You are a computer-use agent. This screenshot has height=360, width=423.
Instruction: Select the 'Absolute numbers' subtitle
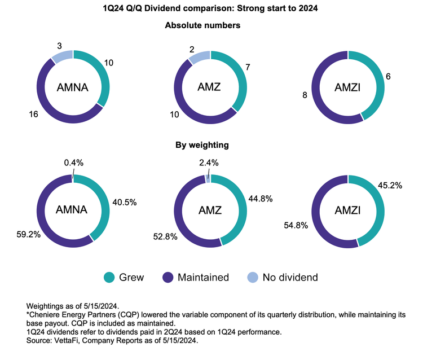(211, 25)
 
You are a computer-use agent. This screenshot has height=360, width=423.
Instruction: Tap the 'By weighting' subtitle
(211, 145)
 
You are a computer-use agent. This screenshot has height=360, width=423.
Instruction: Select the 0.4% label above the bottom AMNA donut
(73, 163)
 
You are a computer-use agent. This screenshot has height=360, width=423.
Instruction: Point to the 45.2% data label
(389, 183)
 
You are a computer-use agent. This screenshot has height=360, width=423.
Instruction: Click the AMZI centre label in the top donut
(348, 87)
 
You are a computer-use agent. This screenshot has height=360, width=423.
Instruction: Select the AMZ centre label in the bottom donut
(210, 210)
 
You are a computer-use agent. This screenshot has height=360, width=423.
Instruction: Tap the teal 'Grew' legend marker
(110, 277)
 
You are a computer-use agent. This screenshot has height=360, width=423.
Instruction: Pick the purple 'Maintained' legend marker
(169, 277)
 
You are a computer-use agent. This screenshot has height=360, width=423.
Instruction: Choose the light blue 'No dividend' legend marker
(254, 277)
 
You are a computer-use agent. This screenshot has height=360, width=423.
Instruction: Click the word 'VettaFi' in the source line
(68, 340)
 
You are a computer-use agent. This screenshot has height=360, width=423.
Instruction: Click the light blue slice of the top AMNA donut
(61, 55)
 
